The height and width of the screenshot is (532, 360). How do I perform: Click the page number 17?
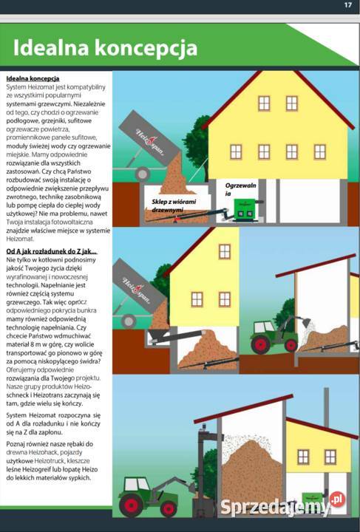click(347, 5)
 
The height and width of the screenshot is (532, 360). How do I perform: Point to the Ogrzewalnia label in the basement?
click(241, 188)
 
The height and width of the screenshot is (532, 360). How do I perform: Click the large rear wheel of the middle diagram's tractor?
click(263, 344)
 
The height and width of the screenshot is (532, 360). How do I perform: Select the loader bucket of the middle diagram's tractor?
click(303, 323)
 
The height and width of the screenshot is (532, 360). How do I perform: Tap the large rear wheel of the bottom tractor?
click(133, 505)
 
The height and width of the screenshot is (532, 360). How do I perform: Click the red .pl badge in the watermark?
click(337, 499)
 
